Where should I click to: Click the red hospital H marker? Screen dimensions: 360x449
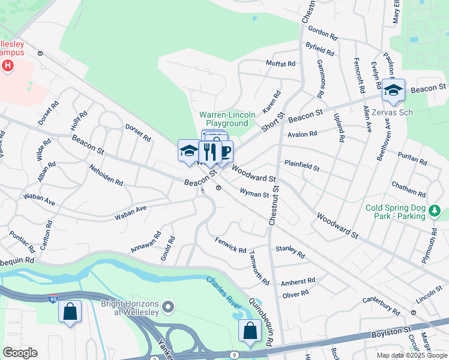click(x=8, y=65)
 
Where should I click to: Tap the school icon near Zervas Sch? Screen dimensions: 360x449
click(x=393, y=91)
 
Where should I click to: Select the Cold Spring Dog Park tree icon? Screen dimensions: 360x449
click(x=436, y=211)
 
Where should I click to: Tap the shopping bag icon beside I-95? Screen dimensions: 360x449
click(x=70, y=311)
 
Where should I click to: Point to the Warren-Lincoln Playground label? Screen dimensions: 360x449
click(x=227, y=119)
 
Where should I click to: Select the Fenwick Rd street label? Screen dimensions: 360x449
click(x=231, y=245)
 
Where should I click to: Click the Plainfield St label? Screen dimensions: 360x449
click(x=302, y=165)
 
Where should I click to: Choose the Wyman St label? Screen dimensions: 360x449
click(x=254, y=193)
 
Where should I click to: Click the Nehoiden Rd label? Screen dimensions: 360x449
click(x=106, y=174)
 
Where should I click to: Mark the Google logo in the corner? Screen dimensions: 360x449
click(x=20, y=353)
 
